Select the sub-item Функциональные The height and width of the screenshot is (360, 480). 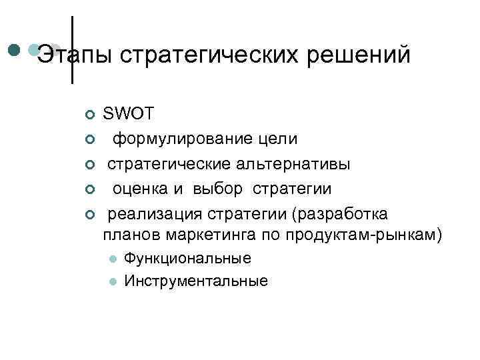click(187, 259)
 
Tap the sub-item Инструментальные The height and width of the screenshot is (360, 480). click(196, 281)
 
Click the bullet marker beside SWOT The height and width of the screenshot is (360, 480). click(91, 115)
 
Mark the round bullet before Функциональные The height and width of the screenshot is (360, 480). click(113, 259)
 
